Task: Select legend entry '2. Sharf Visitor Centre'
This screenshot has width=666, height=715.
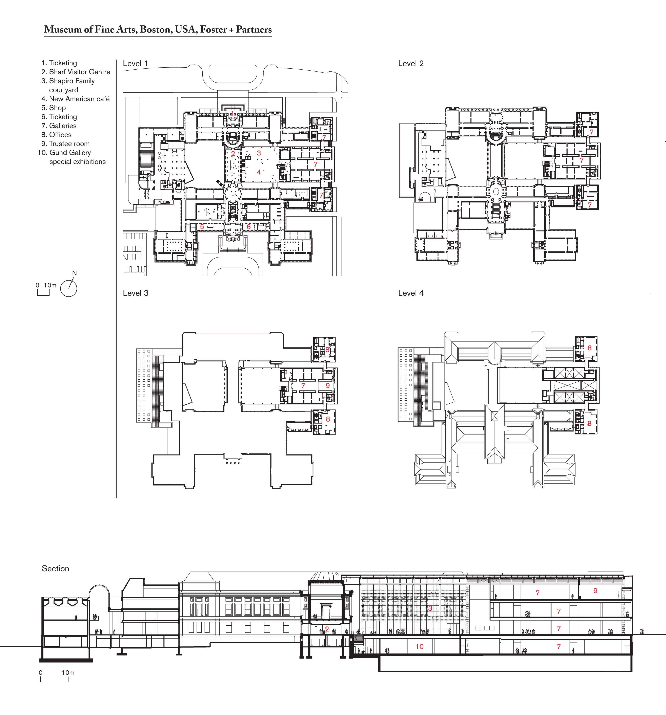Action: coord(76,72)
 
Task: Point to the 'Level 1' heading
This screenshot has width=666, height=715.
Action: coord(135,64)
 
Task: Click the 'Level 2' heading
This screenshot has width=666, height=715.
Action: coord(411,64)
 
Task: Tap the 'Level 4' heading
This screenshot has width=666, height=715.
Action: coord(411,293)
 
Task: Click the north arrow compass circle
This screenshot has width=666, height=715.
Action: coord(69,288)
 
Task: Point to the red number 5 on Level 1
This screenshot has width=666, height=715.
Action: coord(202,227)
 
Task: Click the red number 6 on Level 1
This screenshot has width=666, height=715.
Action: coord(248,227)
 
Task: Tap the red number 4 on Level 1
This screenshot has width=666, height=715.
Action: coord(259,172)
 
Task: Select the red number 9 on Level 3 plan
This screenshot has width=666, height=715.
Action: coord(328,386)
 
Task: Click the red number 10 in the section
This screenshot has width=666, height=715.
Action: coord(419,647)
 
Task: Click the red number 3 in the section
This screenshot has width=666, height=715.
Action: coord(430,608)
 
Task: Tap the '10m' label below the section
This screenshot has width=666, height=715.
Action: coord(68,673)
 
